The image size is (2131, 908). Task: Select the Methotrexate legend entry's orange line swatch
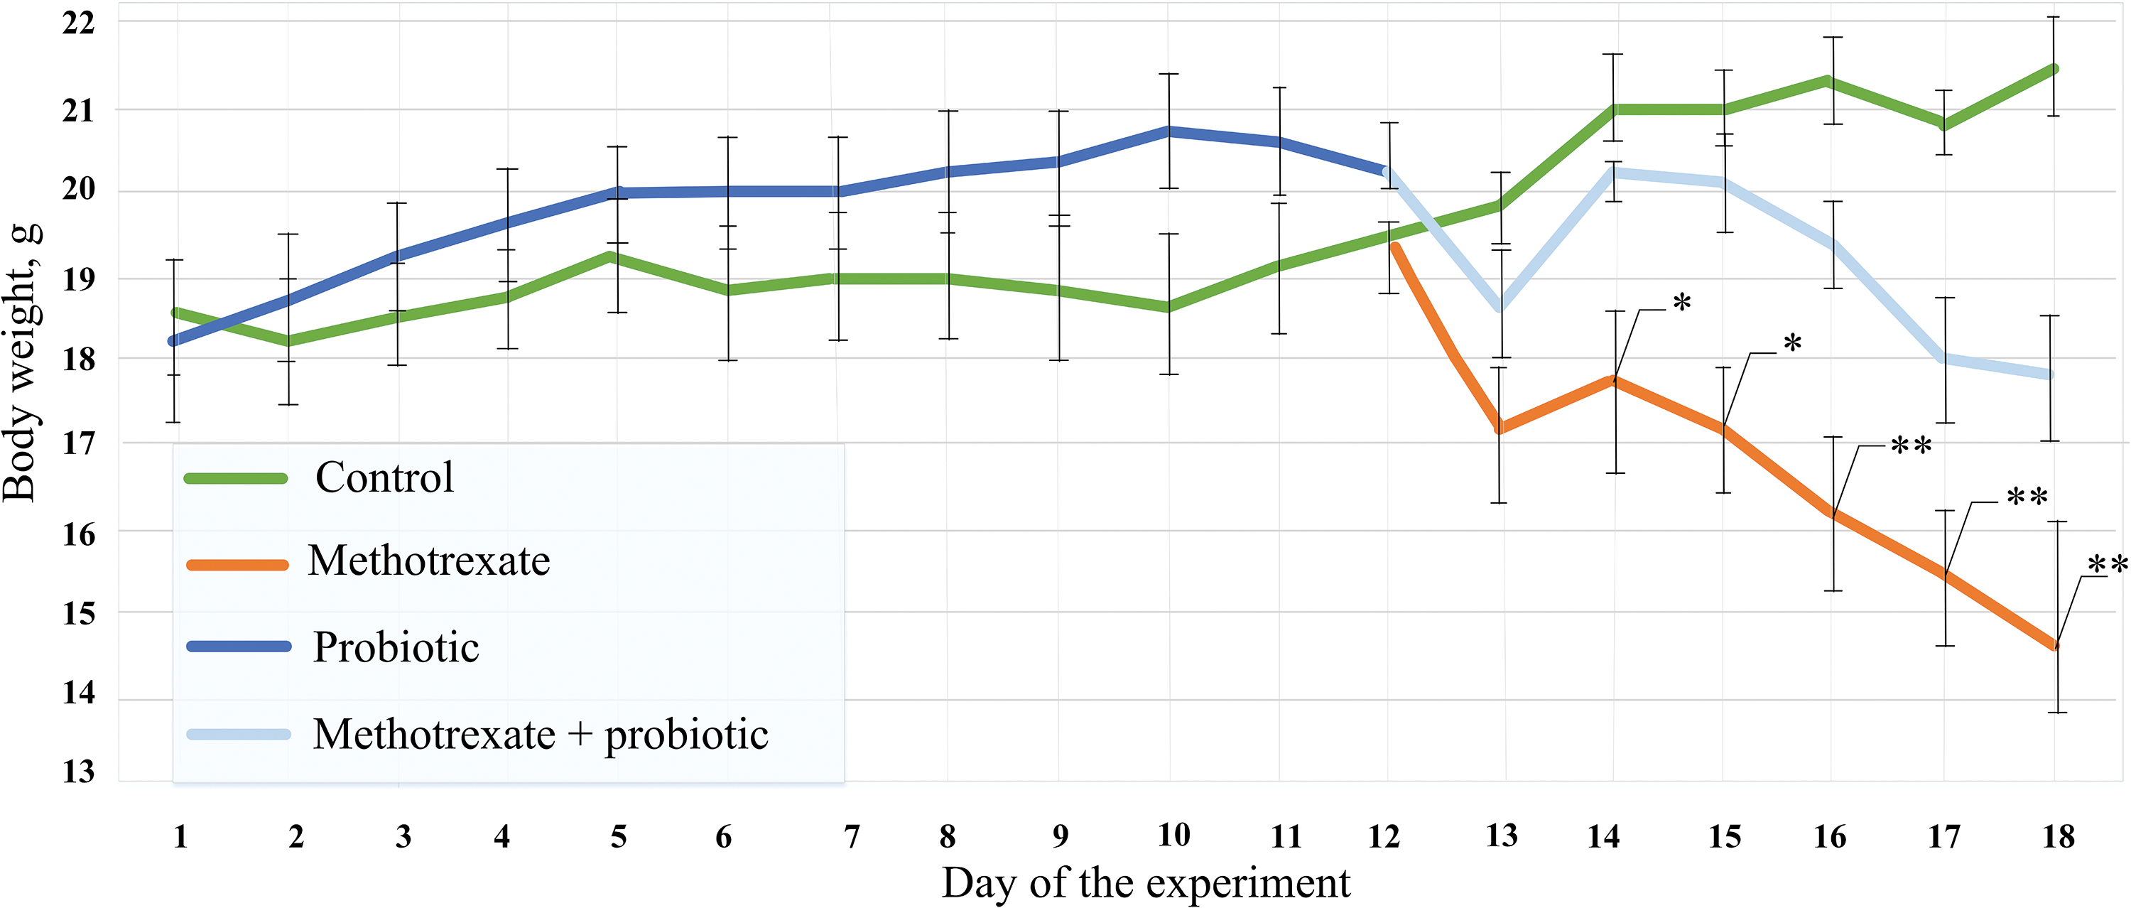click(237, 566)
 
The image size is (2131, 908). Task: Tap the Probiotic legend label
click(396, 647)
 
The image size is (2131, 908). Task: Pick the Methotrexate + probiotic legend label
click(540, 734)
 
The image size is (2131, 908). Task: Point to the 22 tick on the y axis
click(79, 22)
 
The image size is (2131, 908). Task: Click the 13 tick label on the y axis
click(79, 772)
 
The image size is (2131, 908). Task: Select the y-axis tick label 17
click(79, 443)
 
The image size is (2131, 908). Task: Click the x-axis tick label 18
click(2059, 837)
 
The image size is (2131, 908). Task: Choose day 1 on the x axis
click(180, 837)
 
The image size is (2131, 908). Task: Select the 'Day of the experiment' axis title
click(1145, 883)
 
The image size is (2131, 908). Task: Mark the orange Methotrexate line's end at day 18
click(2055, 646)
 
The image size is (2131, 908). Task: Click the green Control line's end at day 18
click(2055, 69)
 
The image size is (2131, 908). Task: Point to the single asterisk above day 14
click(1682, 303)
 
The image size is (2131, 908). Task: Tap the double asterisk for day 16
click(1911, 446)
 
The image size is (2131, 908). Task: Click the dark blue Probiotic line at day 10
click(1169, 131)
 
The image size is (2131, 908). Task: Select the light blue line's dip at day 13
click(1501, 308)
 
